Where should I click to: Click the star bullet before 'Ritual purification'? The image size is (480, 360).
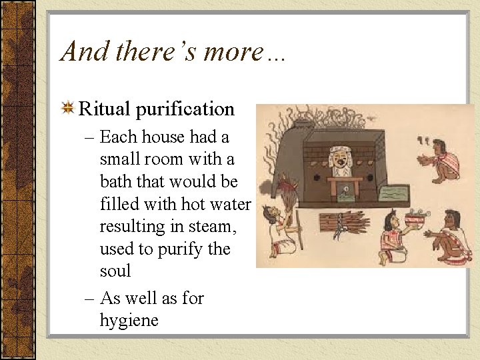coord(67,108)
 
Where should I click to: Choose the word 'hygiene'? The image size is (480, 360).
coord(129,321)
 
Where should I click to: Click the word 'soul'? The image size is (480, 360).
coord(115,271)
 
